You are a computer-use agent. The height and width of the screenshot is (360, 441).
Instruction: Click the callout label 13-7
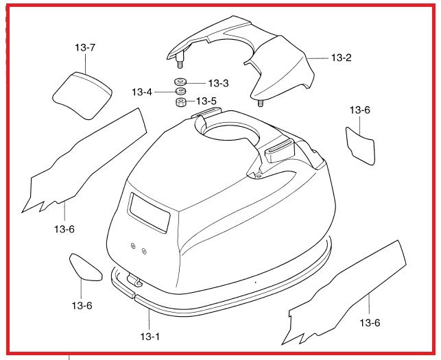click(x=85, y=47)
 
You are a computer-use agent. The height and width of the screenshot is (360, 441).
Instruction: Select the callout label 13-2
click(x=341, y=58)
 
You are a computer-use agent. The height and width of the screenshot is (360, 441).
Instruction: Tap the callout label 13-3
click(x=218, y=83)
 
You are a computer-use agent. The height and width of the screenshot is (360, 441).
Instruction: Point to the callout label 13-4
click(x=142, y=92)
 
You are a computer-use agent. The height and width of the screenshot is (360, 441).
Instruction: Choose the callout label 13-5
click(x=206, y=101)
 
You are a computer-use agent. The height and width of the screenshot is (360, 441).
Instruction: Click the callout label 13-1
click(x=150, y=337)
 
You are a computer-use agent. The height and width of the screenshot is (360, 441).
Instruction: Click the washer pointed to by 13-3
click(x=180, y=82)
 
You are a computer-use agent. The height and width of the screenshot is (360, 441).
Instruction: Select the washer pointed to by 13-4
click(x=180, y=91)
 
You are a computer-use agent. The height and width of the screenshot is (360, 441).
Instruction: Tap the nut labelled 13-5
click(x=180, y=102)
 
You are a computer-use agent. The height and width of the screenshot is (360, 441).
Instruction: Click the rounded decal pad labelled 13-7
click(x=82, y=95)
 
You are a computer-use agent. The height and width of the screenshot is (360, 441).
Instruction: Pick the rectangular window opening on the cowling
click(x=149, y=213)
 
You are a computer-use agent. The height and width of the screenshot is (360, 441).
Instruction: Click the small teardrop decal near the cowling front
click(x=86, y=267)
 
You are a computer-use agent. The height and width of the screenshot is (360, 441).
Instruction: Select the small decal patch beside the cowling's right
click(x=360, y=145)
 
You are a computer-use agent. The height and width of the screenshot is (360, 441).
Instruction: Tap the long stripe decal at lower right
click(x=344, y=293)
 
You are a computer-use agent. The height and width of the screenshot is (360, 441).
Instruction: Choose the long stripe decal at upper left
click(x=84, y=160)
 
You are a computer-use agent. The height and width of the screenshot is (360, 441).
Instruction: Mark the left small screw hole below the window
click(x=133, y=246)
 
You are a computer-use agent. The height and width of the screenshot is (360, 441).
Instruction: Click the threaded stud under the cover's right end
click(x=261, y=103)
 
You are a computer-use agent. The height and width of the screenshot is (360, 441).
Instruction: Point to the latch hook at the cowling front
click(x=135, y=280)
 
